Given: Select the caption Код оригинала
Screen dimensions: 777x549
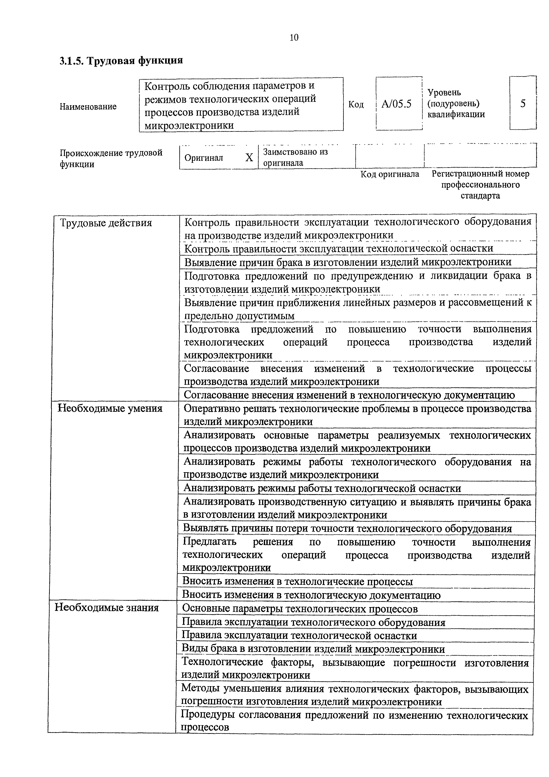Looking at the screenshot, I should click(x=389, y=174).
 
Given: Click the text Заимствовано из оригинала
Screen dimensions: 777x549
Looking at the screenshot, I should click(x=295, y=157).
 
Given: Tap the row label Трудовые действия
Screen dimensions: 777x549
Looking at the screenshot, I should click(x=106, y=223).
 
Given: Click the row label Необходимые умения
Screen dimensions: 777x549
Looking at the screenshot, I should click(x=110, y=408).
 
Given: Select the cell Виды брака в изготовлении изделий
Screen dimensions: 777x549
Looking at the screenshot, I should click(x=313, y=649).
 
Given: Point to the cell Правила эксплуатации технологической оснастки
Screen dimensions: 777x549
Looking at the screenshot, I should click(x=299, y=635).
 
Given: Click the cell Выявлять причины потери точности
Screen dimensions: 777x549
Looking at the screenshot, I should click(x=347, y=528).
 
